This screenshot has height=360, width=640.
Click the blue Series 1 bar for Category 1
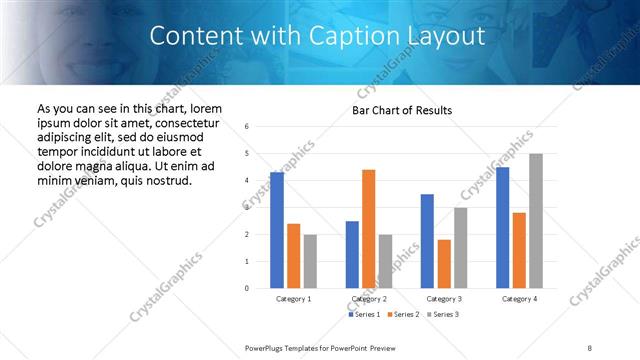click(277, 230)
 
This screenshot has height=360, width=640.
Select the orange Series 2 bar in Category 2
click(368, 229)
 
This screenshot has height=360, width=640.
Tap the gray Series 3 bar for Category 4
click(535, 221)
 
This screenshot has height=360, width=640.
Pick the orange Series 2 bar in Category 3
click(444, 264)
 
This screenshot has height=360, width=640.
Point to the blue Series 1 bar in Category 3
click(427, 241)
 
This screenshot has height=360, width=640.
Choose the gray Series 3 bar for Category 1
click(310, 261)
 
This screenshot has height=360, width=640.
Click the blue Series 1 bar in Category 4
click(502, 227)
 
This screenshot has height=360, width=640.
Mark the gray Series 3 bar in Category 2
click(385, 261)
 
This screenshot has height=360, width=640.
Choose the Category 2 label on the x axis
click(369, 298)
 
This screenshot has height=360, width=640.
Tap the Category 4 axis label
click(519, 298)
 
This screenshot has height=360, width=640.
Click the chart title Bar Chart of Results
click(403, 110)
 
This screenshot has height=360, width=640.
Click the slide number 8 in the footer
click(590, 346)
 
